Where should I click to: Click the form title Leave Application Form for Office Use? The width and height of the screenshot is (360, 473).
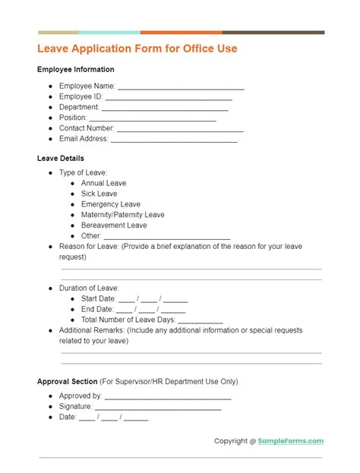(x=137, y=49)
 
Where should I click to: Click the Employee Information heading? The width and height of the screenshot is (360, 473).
(x=76, y=70)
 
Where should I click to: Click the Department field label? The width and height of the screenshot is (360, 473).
(x=79, y=108)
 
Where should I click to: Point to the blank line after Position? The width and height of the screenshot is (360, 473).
(x=153, y=118)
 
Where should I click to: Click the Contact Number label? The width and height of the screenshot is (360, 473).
(x=87, y=129)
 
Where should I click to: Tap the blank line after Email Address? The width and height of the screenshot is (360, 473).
(x=174, y=140)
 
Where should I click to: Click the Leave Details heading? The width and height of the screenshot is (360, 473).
(x=61, y=159)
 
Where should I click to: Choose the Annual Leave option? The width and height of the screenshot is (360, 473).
(x=104, y=184)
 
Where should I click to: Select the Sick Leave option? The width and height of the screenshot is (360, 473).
(x=99, y=194)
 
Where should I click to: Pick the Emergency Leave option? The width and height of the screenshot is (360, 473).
(x=111, y=204)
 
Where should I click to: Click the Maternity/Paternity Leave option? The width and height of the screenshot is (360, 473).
(x=123, y=215)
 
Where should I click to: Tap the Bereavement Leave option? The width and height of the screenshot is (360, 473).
(x=114, y=225)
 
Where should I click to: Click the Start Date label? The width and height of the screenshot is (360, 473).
(x=97, y=299)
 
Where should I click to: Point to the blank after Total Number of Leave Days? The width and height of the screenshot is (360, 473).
(x=200, y=320)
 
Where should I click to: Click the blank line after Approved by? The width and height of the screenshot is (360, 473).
(x=167, y=396)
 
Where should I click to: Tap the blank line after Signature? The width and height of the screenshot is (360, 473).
(x=157, y=407)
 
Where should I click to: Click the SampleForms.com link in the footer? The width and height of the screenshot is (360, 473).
(x=292, y=441)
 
